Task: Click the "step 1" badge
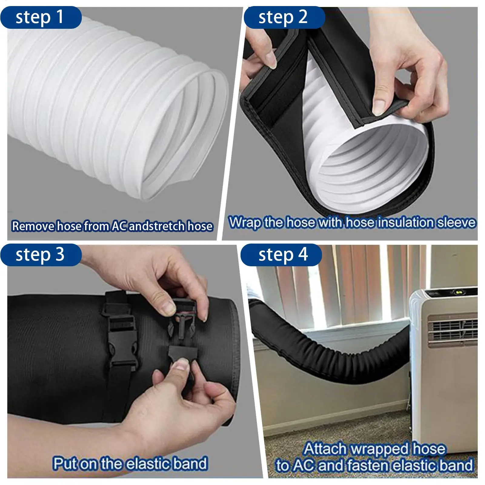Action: [41, 17]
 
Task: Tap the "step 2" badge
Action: [284, 17]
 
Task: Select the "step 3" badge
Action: [41, 255]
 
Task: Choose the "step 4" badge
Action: [281, 255]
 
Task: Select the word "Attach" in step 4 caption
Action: [326, 449]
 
